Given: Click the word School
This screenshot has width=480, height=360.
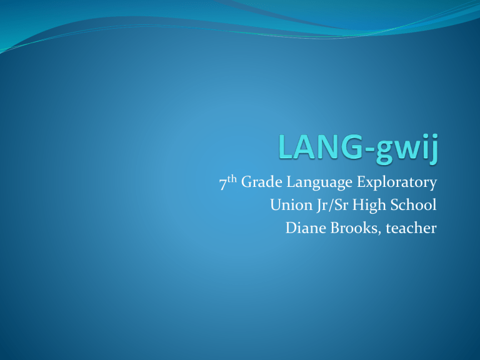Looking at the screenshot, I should pos(407,206).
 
